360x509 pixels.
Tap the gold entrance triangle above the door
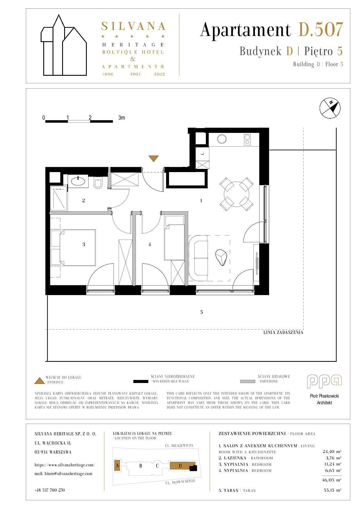click(154, 158)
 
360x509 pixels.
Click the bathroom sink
click(78, 181)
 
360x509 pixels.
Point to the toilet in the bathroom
click(98, 183)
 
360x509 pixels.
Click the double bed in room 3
click(78, 248)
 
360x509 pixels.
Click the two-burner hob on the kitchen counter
click(247, 140)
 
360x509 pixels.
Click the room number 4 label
click(150, 245)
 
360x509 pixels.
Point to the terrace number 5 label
click(201, 312)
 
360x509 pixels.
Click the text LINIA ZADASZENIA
click(283, 333)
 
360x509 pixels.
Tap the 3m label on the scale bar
click(122, 118)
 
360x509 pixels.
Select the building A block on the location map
click(117, 465)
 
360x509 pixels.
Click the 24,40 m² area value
click(332, 452)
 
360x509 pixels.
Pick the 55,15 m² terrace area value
click(332, 490)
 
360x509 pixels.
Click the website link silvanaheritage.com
click(64, 465)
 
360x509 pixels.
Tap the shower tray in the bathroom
click(59, 199)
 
